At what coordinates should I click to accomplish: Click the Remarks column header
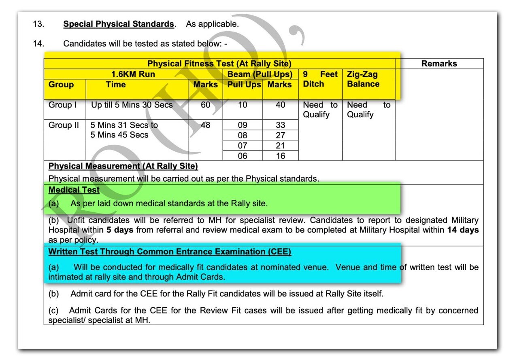coord(439,64)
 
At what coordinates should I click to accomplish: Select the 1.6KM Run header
coord(133,74)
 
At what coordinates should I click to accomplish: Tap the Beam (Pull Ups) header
coord(260,74)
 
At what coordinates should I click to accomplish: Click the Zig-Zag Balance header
coord(363,79)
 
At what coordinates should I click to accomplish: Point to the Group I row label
coord(63,105)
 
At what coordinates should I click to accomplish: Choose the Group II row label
coord(64,125)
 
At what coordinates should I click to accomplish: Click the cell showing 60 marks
coord(206,105)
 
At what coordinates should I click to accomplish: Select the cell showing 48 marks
coord(206,125)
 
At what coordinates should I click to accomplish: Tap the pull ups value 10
coord(243,105)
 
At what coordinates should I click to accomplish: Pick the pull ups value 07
coord(243,146)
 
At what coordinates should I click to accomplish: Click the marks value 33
coord(280,125)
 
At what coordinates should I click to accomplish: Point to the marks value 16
coord(280,156)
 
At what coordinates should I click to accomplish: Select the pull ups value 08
coord(243,136)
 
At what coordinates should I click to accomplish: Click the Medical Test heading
coord(74,190)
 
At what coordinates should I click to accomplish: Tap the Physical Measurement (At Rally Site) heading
coord(123,166)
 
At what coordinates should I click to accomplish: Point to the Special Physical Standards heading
coord(119,24)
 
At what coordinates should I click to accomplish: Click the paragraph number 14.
coord(38,43)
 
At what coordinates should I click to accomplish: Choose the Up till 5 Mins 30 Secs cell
coord(132,105)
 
